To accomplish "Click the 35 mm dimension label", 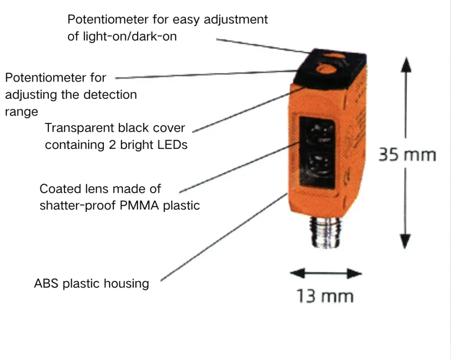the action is pyautogui.click(x=407, y=155).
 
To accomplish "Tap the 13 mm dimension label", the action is pyautogui.click(x=325, y=296).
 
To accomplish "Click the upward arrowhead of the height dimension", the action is pyautogui.click(x=406, y=64).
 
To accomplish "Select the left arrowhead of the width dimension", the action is pyautogui.click(x=297, y=273).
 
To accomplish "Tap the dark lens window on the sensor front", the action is pyautogui.click(x=317, y=152).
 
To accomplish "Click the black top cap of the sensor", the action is pyautogui.click(x=330, y=68).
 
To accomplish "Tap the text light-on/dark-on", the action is pyautogui.click(x=130, y=37).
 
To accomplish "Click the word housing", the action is pyautogui.click(x=126, y=284).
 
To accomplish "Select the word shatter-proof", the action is pyautogui.click(x=78, y=206).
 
